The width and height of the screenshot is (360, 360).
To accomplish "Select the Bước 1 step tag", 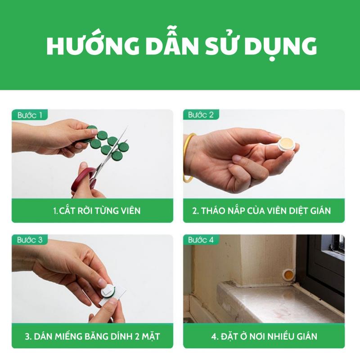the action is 30,115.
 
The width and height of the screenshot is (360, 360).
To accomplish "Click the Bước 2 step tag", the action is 201,115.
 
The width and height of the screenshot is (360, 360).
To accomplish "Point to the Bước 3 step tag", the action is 30,240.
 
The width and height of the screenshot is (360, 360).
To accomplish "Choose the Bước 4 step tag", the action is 201,240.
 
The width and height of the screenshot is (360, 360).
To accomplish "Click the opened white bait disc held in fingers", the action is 286,144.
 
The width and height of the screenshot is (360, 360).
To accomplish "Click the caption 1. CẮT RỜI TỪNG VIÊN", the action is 97,211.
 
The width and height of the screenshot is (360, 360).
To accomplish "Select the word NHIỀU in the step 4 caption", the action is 280,336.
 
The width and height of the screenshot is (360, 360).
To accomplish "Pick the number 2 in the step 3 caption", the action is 137,337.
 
